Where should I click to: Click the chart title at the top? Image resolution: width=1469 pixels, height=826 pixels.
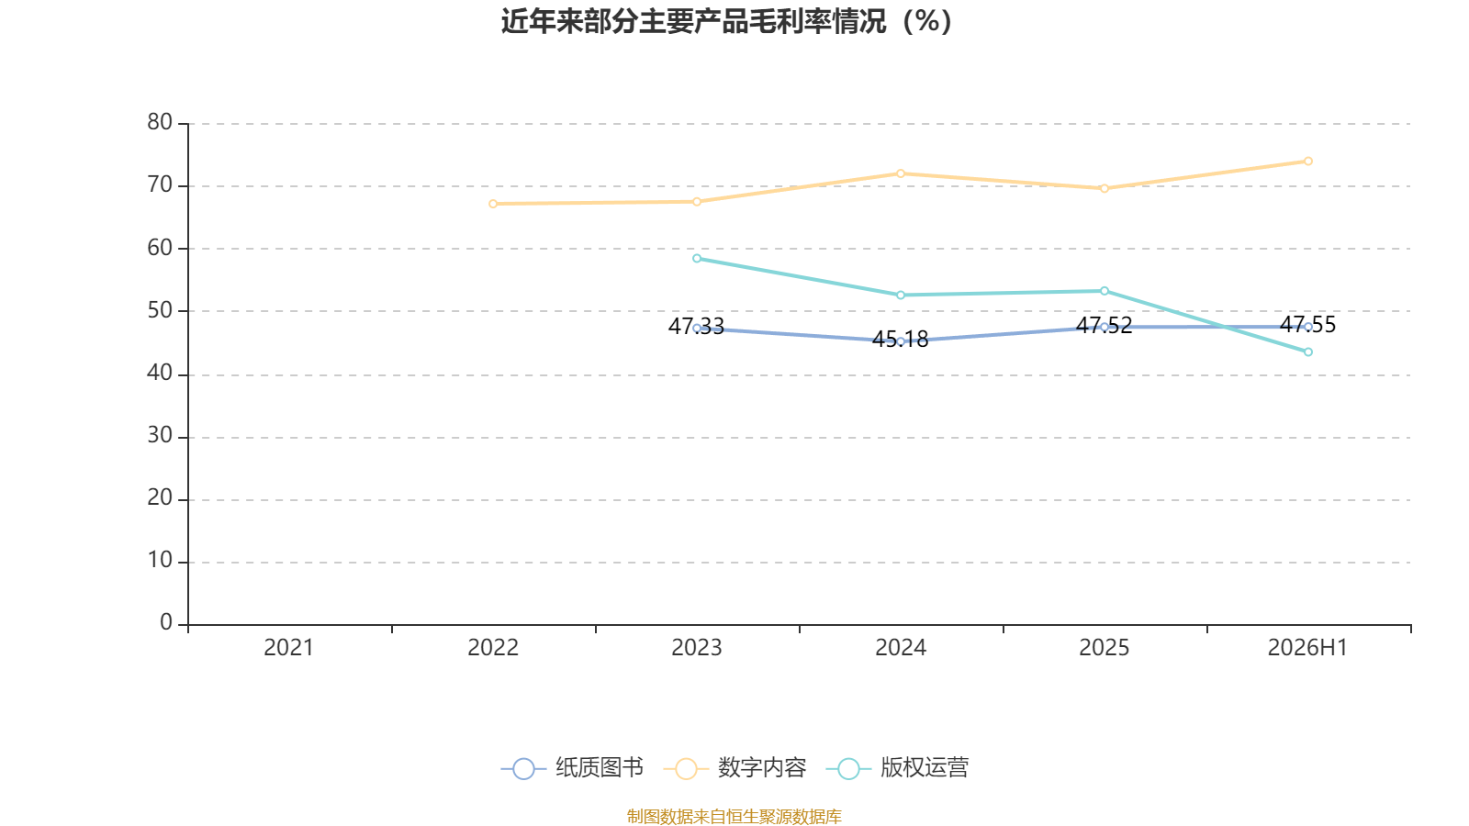(x=726, y=22)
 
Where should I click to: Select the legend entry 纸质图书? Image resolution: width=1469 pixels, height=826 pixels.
(x=572, y=767)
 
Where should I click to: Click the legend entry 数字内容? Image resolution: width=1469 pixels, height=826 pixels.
(x=734, y=767)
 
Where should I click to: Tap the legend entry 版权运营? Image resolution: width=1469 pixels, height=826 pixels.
(x=897, y=767)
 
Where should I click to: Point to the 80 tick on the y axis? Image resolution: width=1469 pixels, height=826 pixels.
(x=160, y=122)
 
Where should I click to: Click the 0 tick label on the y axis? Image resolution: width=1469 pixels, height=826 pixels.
(x=166, y=622)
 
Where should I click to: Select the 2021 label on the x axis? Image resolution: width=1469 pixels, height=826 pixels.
(x=288, y=648)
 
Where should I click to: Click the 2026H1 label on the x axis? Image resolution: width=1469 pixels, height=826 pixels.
(x=1307, y=648)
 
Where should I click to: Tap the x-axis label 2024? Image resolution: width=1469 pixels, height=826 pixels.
(x=901, y=648)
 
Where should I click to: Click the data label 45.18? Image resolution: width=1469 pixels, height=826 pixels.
(x=901, y=339)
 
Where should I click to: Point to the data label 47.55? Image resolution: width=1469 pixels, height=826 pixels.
(x=1307, y=325)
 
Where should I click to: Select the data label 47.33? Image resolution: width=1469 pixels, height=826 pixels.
(x=697, y=326)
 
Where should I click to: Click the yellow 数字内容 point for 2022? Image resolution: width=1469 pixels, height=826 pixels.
(x=493, y=204)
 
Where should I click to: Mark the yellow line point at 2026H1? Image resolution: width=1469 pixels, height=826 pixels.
(x=1307, y=162)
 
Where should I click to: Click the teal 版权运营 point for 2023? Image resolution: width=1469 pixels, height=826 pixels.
(x=697, y=258)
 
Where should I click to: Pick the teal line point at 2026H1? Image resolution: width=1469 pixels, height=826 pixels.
(x=1307, y=352)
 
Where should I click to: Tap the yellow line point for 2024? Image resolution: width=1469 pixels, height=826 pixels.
(x=901, y=173)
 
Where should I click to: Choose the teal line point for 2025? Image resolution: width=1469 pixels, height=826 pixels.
(x=1105, y=291)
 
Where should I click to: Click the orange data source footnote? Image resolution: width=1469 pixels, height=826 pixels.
(x=734, y=816)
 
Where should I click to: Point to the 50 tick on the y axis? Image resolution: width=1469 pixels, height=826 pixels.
(x=160, y=310)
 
